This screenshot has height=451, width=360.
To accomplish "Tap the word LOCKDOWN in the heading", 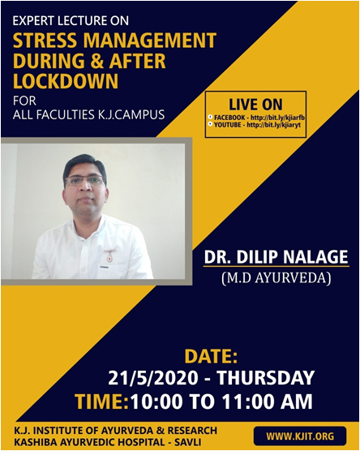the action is (x=66, y=81).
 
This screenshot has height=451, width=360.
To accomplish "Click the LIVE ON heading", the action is (x=255, y=105).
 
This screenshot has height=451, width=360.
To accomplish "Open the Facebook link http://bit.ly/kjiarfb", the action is (x=277, y=118).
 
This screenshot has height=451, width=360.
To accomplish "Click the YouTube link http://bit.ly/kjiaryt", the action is (x=274, y=125).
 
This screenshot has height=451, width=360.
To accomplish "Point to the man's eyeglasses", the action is (x=84, y=181).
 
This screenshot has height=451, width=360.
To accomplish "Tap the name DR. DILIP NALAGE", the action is (x=276, y=257).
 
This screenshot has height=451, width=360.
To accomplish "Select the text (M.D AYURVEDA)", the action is (x=276, y=278).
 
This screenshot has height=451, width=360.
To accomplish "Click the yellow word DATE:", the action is (x=211, y=357).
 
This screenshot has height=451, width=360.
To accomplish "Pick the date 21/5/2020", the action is (x=153, y=378).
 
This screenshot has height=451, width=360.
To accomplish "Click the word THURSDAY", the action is (x=265, y=378).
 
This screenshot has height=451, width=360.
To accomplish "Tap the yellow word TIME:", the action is (x=102, y=402).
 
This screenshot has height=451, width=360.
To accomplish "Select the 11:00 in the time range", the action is (x=248, y=402).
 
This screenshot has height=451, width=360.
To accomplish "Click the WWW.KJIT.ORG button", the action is (x=300, y=436).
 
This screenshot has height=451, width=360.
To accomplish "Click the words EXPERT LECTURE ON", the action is (x=71, y=21).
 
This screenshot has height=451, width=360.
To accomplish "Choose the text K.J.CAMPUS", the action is (x=130, y=114).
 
